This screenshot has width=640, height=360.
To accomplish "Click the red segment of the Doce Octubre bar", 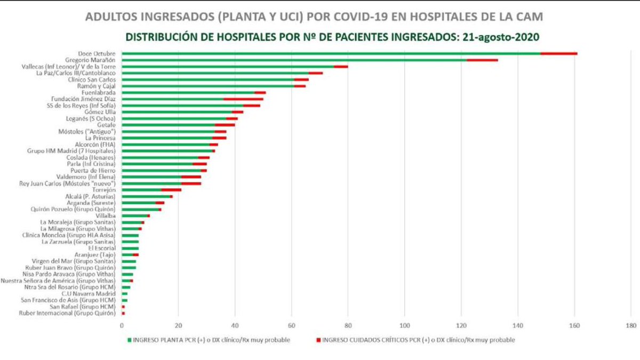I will point(559,53).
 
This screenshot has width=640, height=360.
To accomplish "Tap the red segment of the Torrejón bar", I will point(171,189).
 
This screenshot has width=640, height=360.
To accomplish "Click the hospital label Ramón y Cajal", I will point(97,86).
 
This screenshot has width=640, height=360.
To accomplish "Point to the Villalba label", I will point(105,215).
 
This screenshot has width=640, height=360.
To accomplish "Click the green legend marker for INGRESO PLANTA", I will point(130,340).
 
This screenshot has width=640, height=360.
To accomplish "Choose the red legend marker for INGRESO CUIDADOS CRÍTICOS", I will point(318,340).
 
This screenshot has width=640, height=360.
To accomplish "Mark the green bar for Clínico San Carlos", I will point(208,79).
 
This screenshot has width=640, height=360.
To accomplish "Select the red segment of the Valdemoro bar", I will point(191,177).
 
